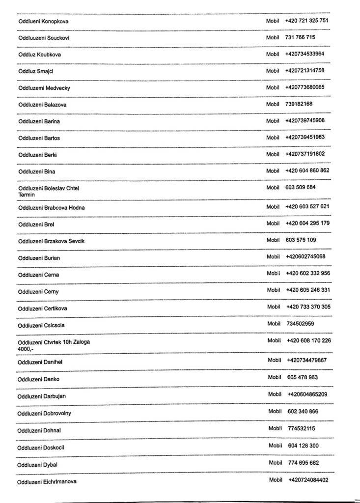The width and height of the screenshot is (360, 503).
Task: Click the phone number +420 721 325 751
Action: [x=306, y=21]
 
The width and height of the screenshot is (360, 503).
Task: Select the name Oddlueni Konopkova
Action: [x=43, y=21]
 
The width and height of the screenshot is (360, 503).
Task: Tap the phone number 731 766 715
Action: [x=300, y=37]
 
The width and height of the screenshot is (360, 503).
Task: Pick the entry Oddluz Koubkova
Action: [x=40, y=55]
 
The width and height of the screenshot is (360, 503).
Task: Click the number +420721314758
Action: [x=305, y=71]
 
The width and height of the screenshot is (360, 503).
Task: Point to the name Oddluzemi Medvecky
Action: [x=44, y=88]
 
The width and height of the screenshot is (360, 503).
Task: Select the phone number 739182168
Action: [x=299, y=104]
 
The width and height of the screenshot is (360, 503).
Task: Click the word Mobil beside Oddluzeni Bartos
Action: [x=273, y=138]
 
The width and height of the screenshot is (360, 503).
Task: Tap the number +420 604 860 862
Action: [x=307, y=171]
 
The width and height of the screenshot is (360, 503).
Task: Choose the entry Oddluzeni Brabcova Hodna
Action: [x=52, y=208]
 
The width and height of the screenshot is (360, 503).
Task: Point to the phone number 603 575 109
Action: [x=301, y=240]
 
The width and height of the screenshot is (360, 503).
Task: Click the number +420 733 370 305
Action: [x=308, y=307]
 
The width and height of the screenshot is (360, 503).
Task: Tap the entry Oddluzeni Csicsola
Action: [x=41, y=325]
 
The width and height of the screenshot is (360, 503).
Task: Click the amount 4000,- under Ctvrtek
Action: [x=25, y=349]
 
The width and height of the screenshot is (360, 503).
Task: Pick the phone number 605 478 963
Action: [x=303, y=378]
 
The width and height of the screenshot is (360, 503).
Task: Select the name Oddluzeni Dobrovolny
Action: [x=44, y=414]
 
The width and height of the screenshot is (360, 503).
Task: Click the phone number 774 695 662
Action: [x=304, y=463]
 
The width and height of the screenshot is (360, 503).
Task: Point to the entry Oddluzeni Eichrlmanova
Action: [x=47, y=482]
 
